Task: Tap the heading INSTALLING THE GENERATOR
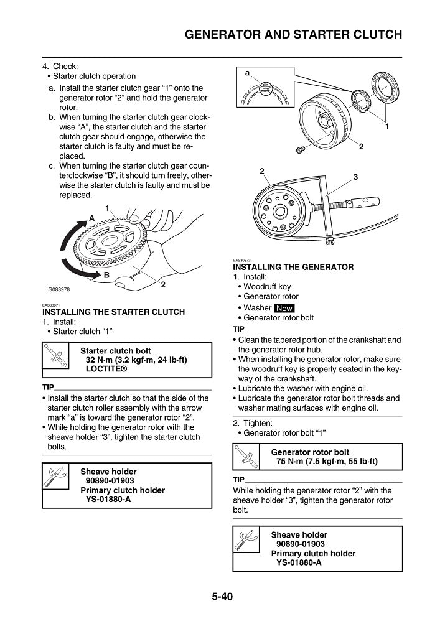coord(293,267)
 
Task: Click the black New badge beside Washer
coord(284,308)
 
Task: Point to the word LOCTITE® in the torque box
coord(106,369)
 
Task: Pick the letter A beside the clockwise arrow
coord(91,218)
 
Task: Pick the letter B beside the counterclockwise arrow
coord(106,274)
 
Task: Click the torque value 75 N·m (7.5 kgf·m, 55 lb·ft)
coord(327,462)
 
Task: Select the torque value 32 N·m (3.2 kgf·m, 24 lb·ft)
coord(136,360)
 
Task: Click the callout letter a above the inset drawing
coord(247,73)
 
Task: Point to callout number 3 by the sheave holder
coord(355,177)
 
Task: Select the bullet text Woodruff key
coord(267,287)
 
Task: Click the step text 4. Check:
coord(60,66)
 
